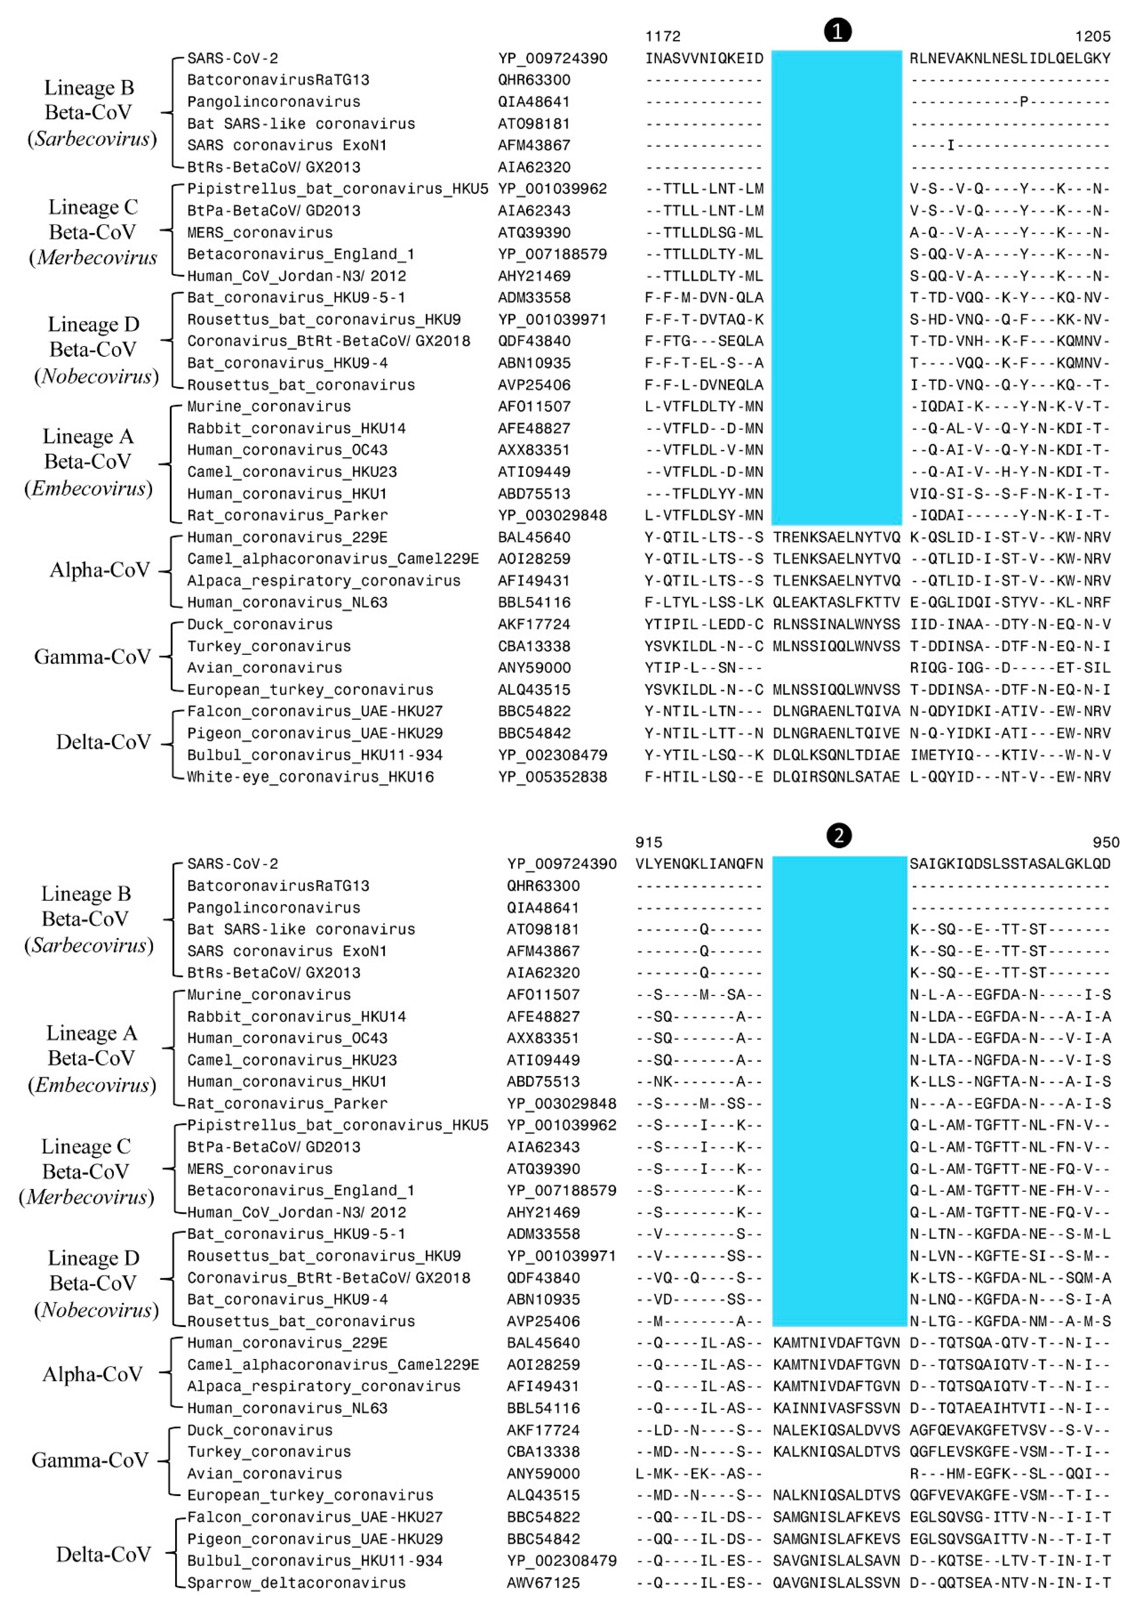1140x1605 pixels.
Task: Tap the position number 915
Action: pyautogui.click(x=649, y=842)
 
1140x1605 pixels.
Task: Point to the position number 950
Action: pyautogui.click(x=1105, y=842)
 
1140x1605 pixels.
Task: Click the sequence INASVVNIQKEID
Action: pyautogui.click(x=704, y=58)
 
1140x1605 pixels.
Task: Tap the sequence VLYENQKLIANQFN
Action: pyautogui.click(x=699, y=864)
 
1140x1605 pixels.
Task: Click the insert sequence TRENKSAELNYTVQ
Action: pyautogui.click(x=836, y=538)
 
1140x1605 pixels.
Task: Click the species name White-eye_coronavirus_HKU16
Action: pyautogui.click(x=310, y=777)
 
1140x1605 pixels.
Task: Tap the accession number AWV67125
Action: pyautogui.click(x=543, y=1583)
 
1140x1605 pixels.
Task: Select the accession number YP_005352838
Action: pyautogui.click(x=552, y=777)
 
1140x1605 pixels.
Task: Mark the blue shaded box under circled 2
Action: pyautogui.click(x=839, y=1091)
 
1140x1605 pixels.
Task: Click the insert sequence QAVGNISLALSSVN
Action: pyautogui.click(x=836, y=1583)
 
